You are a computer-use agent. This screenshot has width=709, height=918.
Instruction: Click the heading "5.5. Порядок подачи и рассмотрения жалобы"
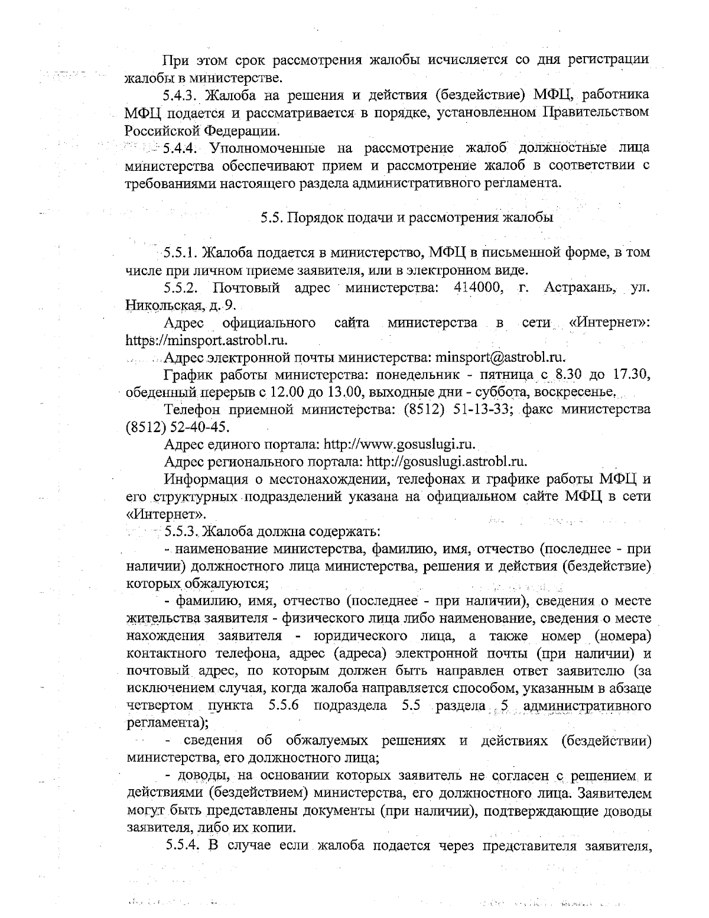[407, 217]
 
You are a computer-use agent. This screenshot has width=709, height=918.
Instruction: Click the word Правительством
[596, 112]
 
